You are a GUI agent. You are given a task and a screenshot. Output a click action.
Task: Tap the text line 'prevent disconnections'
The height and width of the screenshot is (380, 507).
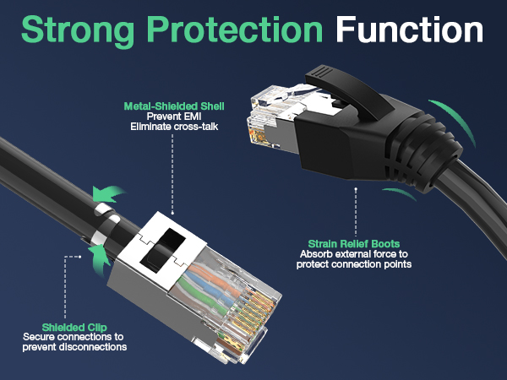[74, 347]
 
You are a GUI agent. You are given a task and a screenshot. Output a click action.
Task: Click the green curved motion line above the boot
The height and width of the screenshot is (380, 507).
[447, 117]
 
